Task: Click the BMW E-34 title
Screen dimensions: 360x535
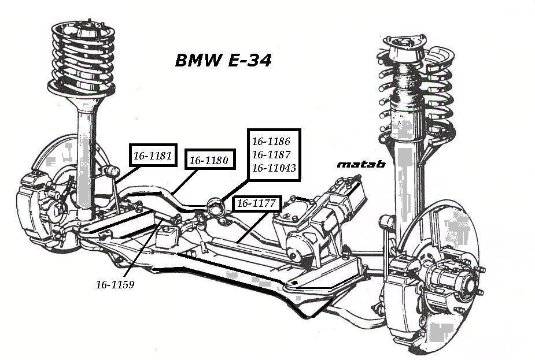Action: click(223, 60)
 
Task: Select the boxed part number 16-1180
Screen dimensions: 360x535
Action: click(209, 160)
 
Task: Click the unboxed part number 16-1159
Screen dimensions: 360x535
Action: click(115, 285)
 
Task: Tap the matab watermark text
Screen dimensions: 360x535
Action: click(361, 164)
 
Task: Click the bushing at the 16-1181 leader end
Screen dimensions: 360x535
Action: click(111, 171)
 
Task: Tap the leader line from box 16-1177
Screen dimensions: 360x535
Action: click(252, 225)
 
